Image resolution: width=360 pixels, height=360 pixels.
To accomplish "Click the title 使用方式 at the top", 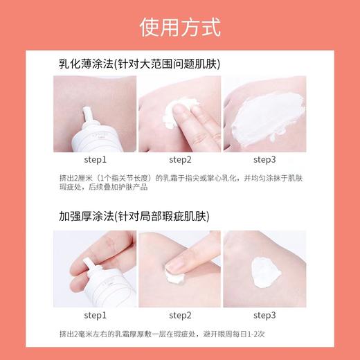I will pos(180,28).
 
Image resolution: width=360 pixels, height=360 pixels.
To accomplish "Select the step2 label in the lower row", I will pos(179,315).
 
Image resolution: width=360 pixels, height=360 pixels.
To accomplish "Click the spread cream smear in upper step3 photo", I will pos(267,119).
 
